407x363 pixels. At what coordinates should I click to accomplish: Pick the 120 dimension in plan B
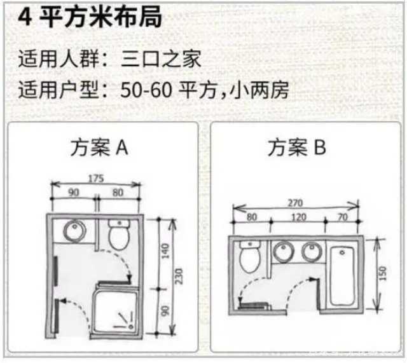tap(298, 217)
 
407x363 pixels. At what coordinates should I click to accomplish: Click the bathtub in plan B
tap(343, 273)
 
